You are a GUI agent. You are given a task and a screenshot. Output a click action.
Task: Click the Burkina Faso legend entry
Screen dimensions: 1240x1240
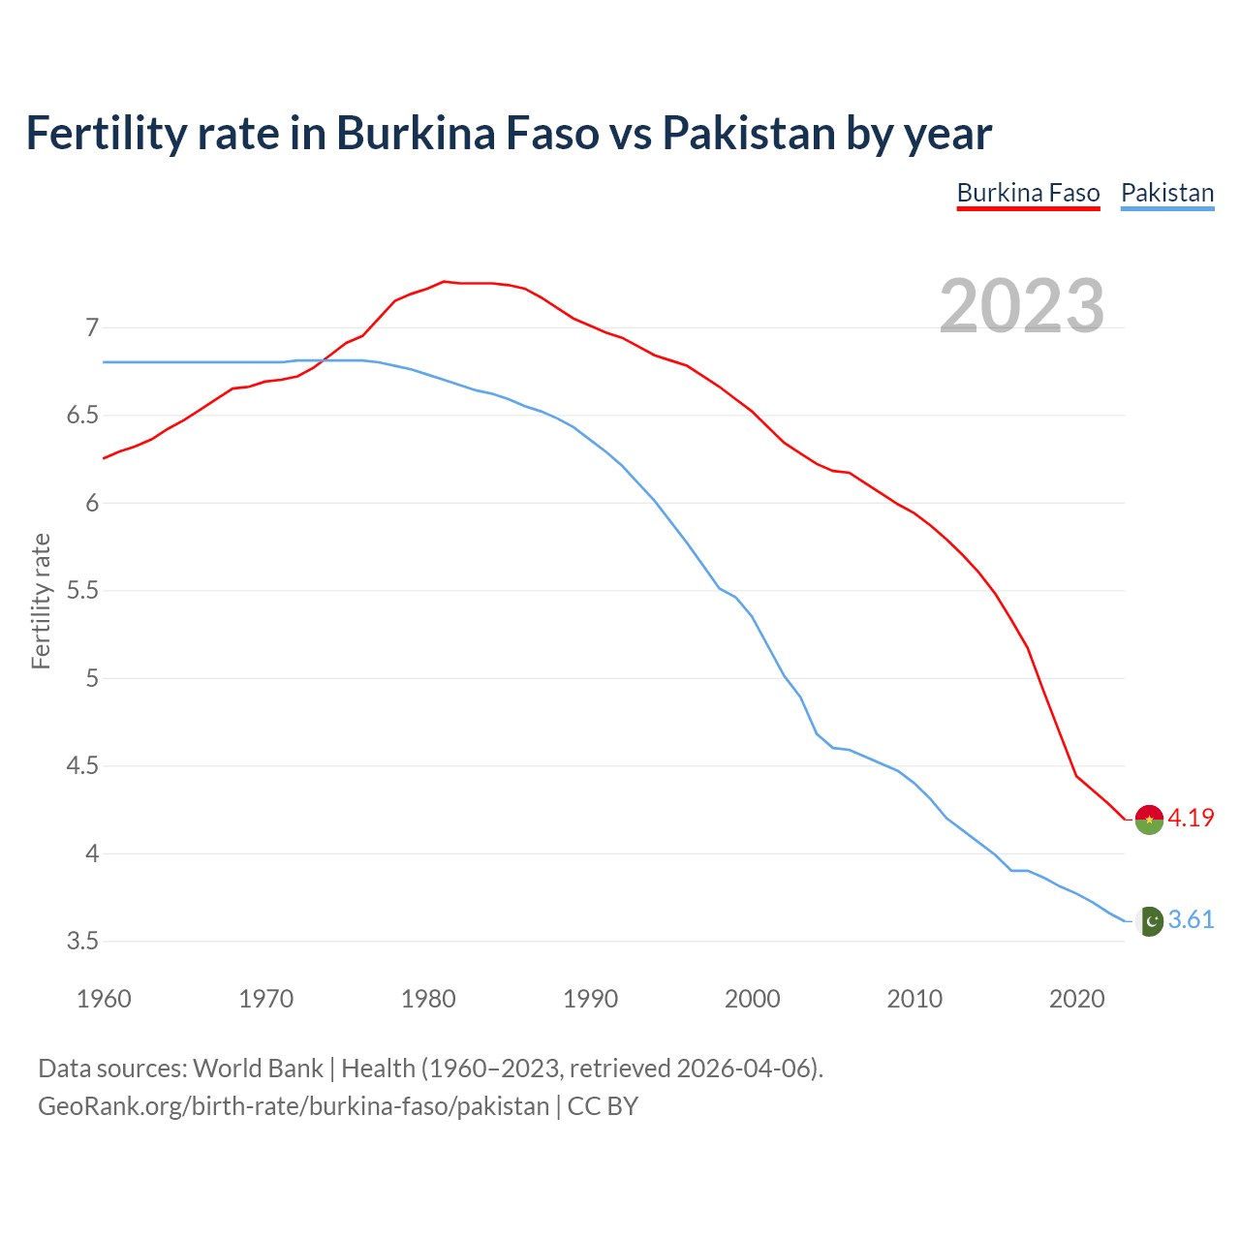pyautogui.click(x=1028, y=193)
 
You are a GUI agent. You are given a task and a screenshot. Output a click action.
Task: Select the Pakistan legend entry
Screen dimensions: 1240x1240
pyautogui.click(x=1167, y=193)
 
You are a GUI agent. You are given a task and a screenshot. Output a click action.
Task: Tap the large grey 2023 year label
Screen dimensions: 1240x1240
pyautogui.click(x=1022, y=306)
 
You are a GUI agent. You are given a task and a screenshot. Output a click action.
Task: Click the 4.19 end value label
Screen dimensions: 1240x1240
pyautogui.click(x=1191, y=818)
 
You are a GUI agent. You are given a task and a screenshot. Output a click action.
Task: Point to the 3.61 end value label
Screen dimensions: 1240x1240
pyautogui.click(x=1191, y=919)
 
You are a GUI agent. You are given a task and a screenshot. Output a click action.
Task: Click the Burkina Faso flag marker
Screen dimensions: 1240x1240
pyautogui.click(x=1149, y=820)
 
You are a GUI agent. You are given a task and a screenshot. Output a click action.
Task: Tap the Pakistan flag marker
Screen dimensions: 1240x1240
pyautogui.click(x=1149, y=921)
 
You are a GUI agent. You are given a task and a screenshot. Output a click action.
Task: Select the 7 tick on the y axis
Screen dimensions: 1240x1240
pyautogui.click(x=92, y=327)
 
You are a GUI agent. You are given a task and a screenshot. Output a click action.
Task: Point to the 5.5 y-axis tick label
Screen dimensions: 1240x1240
pyautogui.click(x=83, y=590)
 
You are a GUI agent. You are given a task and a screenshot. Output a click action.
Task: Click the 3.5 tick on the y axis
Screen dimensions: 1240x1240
pyautogui.click(x=83, y=941)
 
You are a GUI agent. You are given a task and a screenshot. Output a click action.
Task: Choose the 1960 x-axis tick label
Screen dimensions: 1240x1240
pyautogui.click(x=104, y=999)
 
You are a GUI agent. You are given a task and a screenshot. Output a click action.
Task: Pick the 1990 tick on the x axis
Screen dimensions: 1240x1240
pyautogui.click(x=590, y=999)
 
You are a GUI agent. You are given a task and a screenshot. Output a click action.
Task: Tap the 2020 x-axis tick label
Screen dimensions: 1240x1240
pyautogui.click(x=1076, y=999)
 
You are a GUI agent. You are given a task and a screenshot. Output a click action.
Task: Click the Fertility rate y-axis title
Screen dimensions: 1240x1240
pyautogui.click(x=41, y=601)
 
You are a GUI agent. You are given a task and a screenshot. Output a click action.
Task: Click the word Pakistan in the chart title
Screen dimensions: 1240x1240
pyautogui.click(x=748, y=133)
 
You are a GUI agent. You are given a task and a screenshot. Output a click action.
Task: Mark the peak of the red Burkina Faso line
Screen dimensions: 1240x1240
pyautogui.click(x=444, y=282)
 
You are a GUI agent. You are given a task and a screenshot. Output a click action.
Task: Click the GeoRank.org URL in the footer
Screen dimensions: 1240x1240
pyautogui.click(x=293, y=1106)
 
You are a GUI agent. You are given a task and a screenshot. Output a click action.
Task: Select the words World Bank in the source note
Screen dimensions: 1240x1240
pyautogui.click(x=258, y=1069)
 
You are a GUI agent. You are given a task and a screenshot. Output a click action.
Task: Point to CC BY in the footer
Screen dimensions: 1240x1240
pyautogui.click(x=603, y=1106)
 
